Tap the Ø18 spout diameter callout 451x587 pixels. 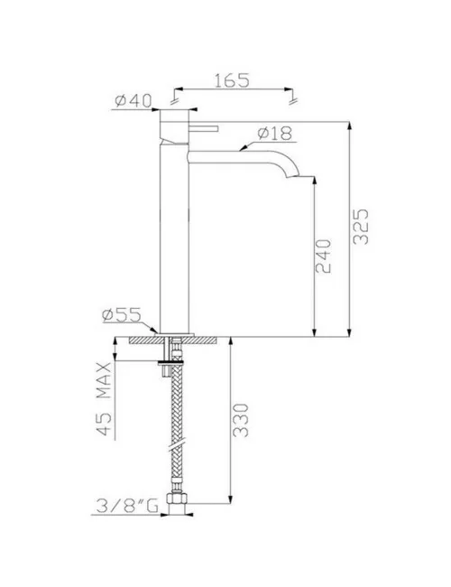point(274,133)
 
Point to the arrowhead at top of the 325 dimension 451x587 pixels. point(348,124)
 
